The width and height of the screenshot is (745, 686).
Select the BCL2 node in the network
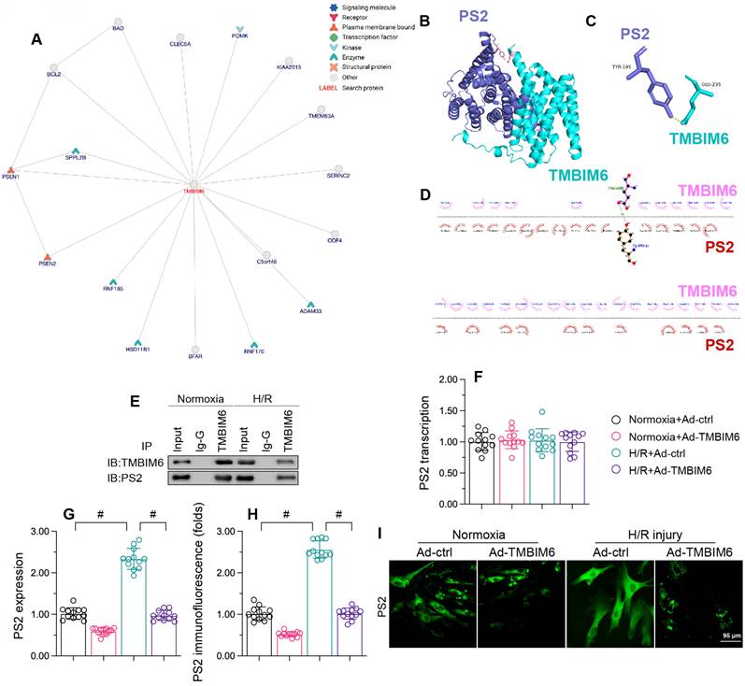pyautogui.click(x=55, y=70)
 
